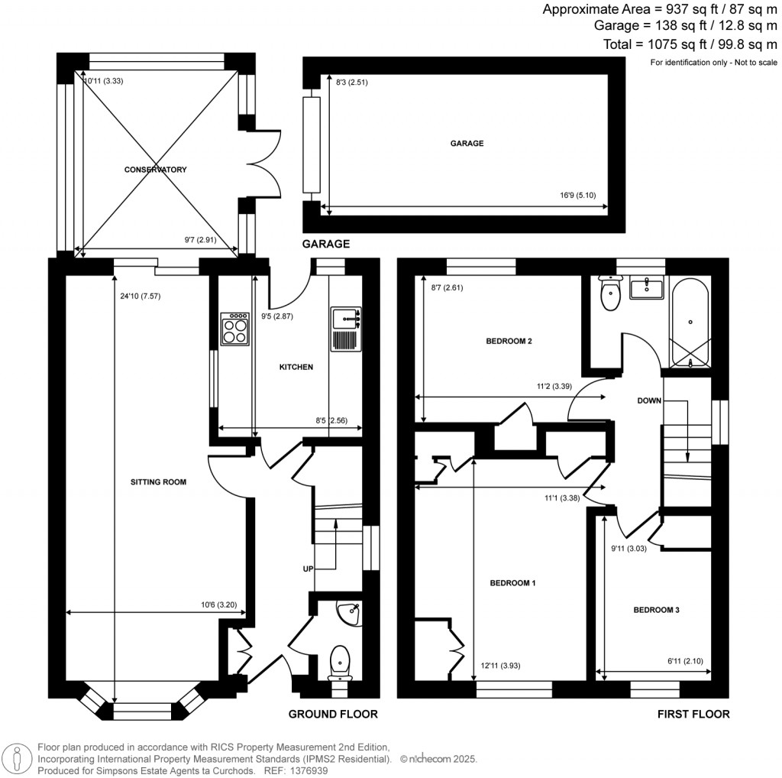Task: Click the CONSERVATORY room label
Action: point(155,170)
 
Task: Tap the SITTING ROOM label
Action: point(159,481)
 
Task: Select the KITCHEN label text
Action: point(296,367)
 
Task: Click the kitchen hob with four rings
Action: point(234,329)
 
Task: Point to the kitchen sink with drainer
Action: point(346,329)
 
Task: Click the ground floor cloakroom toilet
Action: point(338,662)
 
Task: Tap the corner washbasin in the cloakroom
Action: point(350,612)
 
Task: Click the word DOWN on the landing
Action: point(649,400)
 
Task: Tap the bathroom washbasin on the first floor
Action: point(647,288)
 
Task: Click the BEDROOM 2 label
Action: point(509,341)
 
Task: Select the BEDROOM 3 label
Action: point(656,610)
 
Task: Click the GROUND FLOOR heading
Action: point(332,714)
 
